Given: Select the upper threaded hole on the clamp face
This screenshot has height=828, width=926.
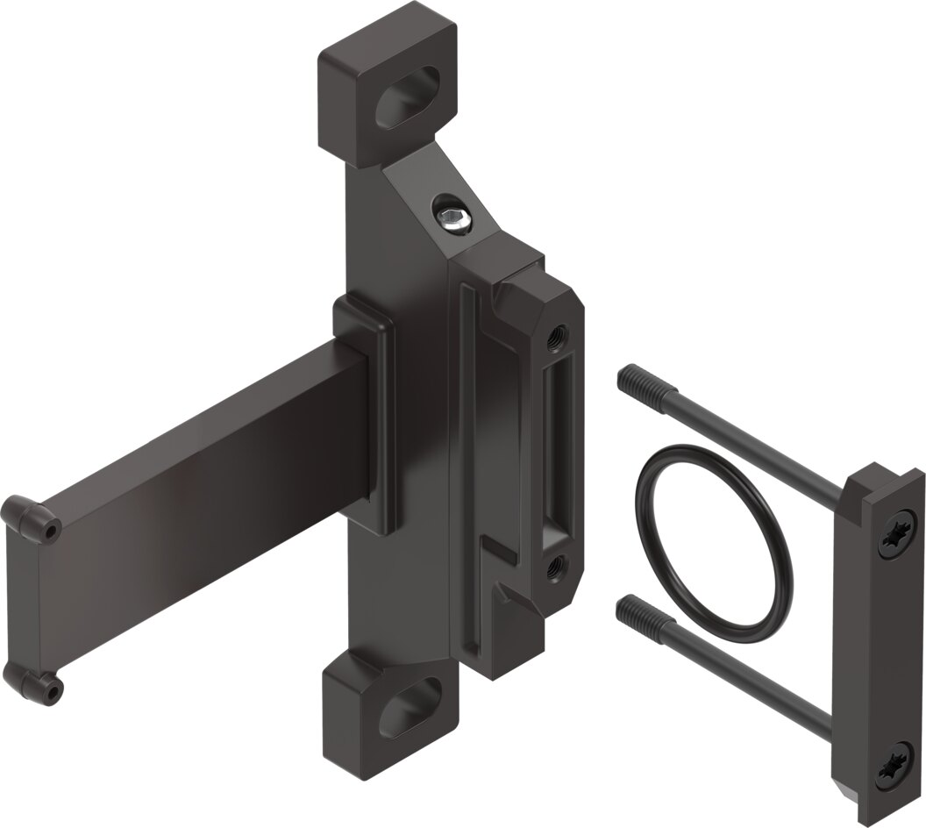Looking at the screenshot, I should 555,335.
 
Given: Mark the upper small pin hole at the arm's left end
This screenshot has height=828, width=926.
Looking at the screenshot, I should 53,531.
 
